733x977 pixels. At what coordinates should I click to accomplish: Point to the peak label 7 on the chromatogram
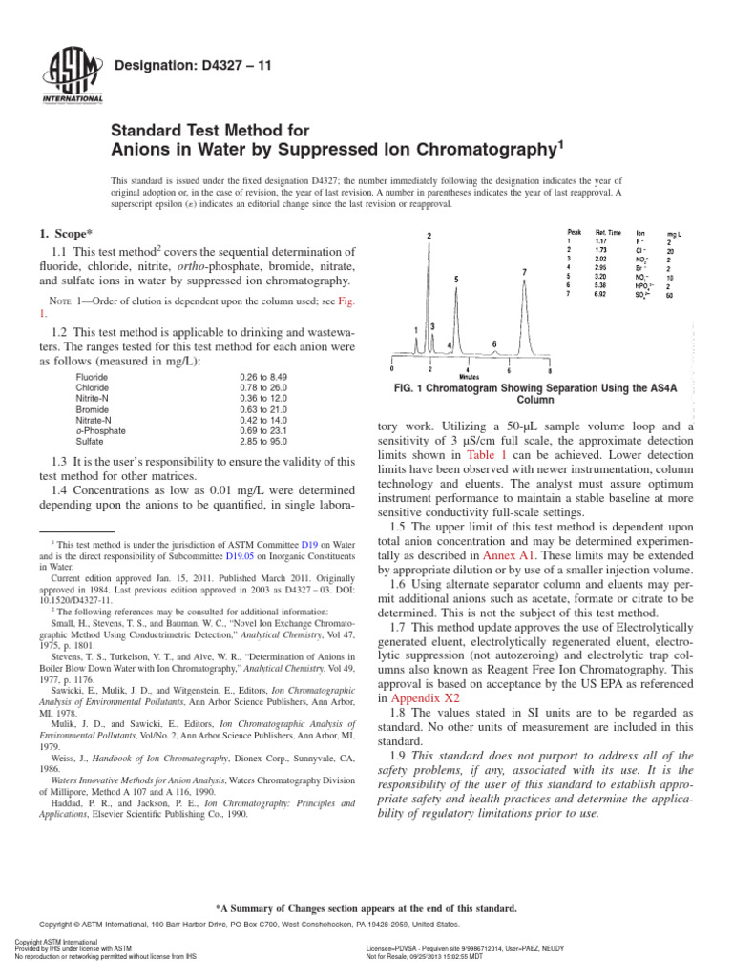[x=525, y=273]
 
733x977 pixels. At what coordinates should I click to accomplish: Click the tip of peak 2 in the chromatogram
[x=429, y=236]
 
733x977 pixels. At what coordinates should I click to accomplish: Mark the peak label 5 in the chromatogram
[x=456, y=279]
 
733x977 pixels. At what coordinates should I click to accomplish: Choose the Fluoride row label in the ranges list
[x=92, y=378]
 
